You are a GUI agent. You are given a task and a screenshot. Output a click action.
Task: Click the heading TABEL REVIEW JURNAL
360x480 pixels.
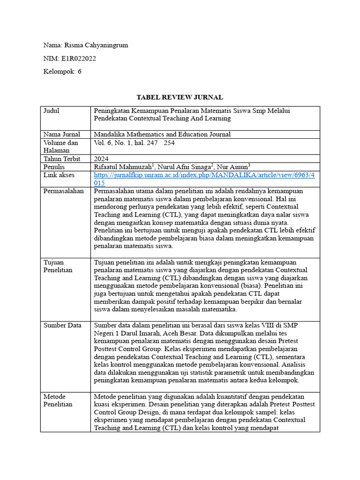[x=180, y=97]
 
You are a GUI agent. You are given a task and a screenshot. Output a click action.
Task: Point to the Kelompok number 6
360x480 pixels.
[x=79, y=72]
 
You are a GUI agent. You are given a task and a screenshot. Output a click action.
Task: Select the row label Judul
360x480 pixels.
[x=52, y=111]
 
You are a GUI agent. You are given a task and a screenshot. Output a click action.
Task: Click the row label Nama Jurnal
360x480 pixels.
[x=61, y=135]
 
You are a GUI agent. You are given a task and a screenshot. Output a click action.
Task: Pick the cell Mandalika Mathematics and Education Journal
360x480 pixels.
[x=162, y=135]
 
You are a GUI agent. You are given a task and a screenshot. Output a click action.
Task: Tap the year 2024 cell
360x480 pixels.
[x=101, y=158]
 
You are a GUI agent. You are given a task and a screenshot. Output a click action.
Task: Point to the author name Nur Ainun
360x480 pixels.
[x=234, y=166]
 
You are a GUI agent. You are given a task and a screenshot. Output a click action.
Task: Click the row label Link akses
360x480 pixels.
[x=59, y=175]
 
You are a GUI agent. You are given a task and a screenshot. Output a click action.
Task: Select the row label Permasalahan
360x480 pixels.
[x=63, y=191]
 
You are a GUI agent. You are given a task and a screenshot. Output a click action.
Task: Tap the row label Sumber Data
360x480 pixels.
[x=62, y=325]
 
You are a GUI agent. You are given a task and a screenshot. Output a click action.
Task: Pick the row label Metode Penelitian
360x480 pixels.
[x=58, y=400]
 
